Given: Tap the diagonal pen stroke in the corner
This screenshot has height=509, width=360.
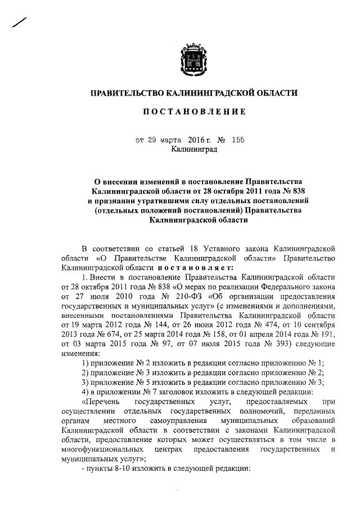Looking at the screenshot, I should [19, 22].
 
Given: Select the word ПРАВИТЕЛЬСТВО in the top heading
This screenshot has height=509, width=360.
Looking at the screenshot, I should [127, 92].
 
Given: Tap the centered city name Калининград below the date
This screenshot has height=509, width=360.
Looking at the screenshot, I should [193, 150].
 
